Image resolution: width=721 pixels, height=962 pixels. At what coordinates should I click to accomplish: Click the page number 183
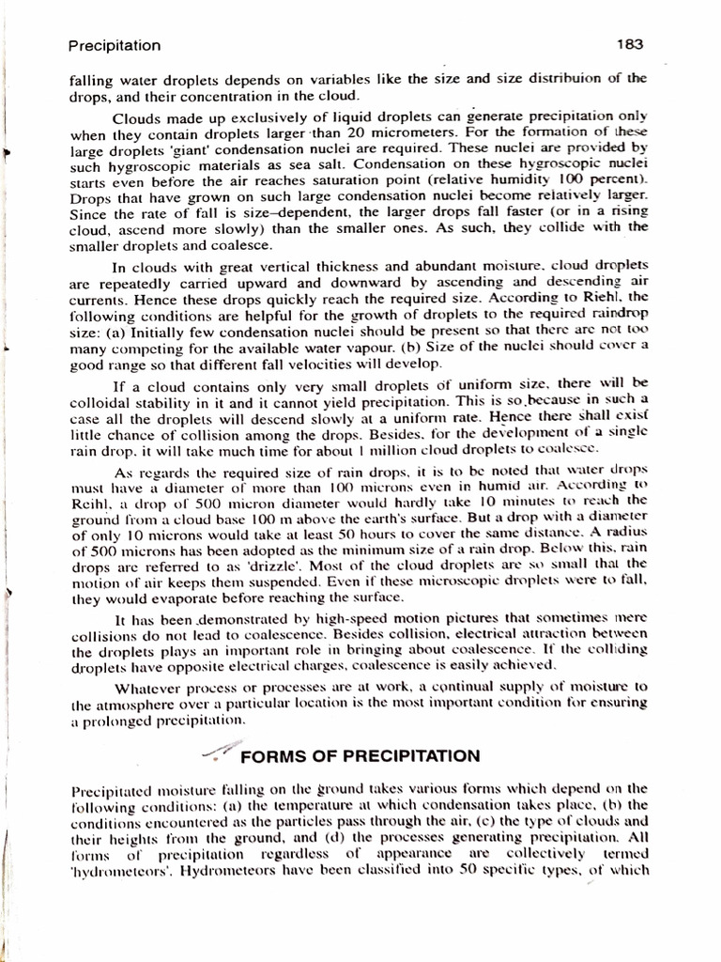click(628, 44)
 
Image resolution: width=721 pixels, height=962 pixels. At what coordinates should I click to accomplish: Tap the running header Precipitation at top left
click(115, 45)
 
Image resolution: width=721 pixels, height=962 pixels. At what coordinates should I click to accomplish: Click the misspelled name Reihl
click(91, 504)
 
